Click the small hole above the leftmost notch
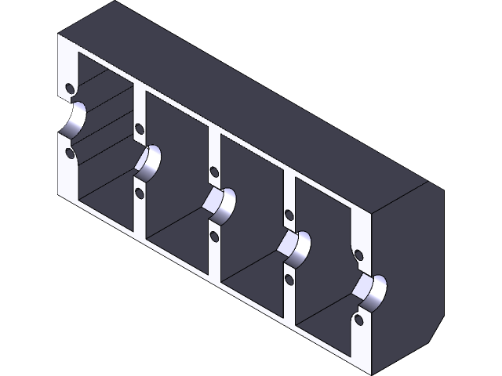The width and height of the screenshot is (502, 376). (x=70, y=87)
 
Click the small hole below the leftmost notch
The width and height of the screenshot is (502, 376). (x=70, y=154)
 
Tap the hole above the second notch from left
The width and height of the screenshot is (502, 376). (x=140, y=128)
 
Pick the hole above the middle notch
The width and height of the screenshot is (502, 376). (x=213, y=171)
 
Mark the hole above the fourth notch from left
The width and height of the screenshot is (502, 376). (x=289, y=213)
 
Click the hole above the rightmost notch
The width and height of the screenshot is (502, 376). (x=359, y=255)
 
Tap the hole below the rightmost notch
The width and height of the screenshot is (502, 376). (x=359, y=320)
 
